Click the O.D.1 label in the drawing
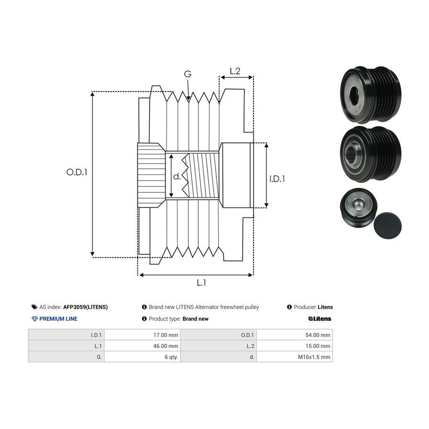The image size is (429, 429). [x=77, y=172]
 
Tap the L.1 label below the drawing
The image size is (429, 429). [x=201, y=283]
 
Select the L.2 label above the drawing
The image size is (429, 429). [x=235, y=71]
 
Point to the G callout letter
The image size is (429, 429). [x=188, y=74]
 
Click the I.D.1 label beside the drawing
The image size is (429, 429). [x=277, y=179]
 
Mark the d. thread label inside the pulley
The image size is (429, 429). [x=177, y=176]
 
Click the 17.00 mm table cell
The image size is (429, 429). [x=142, y=335]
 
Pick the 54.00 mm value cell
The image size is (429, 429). [x=295, y=335]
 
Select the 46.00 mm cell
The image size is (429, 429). [x=142, y=346]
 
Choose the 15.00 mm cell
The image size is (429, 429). [x=295, y=346]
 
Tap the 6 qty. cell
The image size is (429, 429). [x=142, y=357]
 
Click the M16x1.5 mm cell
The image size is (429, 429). [x=295, y=357]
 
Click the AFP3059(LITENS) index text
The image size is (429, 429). [x=85, y=307]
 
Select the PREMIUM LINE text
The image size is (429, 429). [x=58, y=319]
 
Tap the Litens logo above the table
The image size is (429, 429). [x=319, y=319]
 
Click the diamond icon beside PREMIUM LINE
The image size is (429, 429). [x=35, y=319]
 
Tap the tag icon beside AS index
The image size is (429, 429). [x=34, y=307]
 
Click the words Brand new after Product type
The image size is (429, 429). [x=195, y=319]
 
